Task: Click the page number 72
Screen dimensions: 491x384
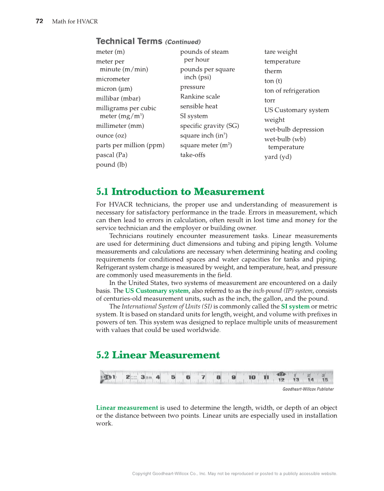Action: tap(39, 21)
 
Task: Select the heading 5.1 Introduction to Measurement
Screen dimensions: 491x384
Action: tap(180, 192)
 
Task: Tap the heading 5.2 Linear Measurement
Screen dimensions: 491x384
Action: tap(158, 355)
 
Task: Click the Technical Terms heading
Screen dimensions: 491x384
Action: tap(129, 41)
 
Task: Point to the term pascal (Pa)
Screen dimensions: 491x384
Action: tap(112, 155)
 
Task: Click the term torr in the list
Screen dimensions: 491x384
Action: tap(270, 100)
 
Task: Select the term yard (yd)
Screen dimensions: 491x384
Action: tap(278, 157)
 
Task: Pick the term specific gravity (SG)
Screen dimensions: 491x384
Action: tap(209, 126)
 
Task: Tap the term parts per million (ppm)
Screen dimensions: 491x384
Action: tap(130, 145)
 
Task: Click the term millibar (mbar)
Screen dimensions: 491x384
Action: tap(118, 98)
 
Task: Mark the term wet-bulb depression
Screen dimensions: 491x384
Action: tap(294, 130)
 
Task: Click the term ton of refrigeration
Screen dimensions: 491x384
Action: tap(292, 91)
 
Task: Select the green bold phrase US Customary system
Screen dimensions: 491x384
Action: tap(156, 291)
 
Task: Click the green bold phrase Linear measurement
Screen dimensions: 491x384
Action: tap(127, 408)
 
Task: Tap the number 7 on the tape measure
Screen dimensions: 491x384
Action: tap(204, 377)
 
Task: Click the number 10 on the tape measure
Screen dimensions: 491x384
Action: tap(252, 377)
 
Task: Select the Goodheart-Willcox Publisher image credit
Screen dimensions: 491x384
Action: tap(308, 389)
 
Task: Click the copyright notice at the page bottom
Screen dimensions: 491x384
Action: tap(234, 473)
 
